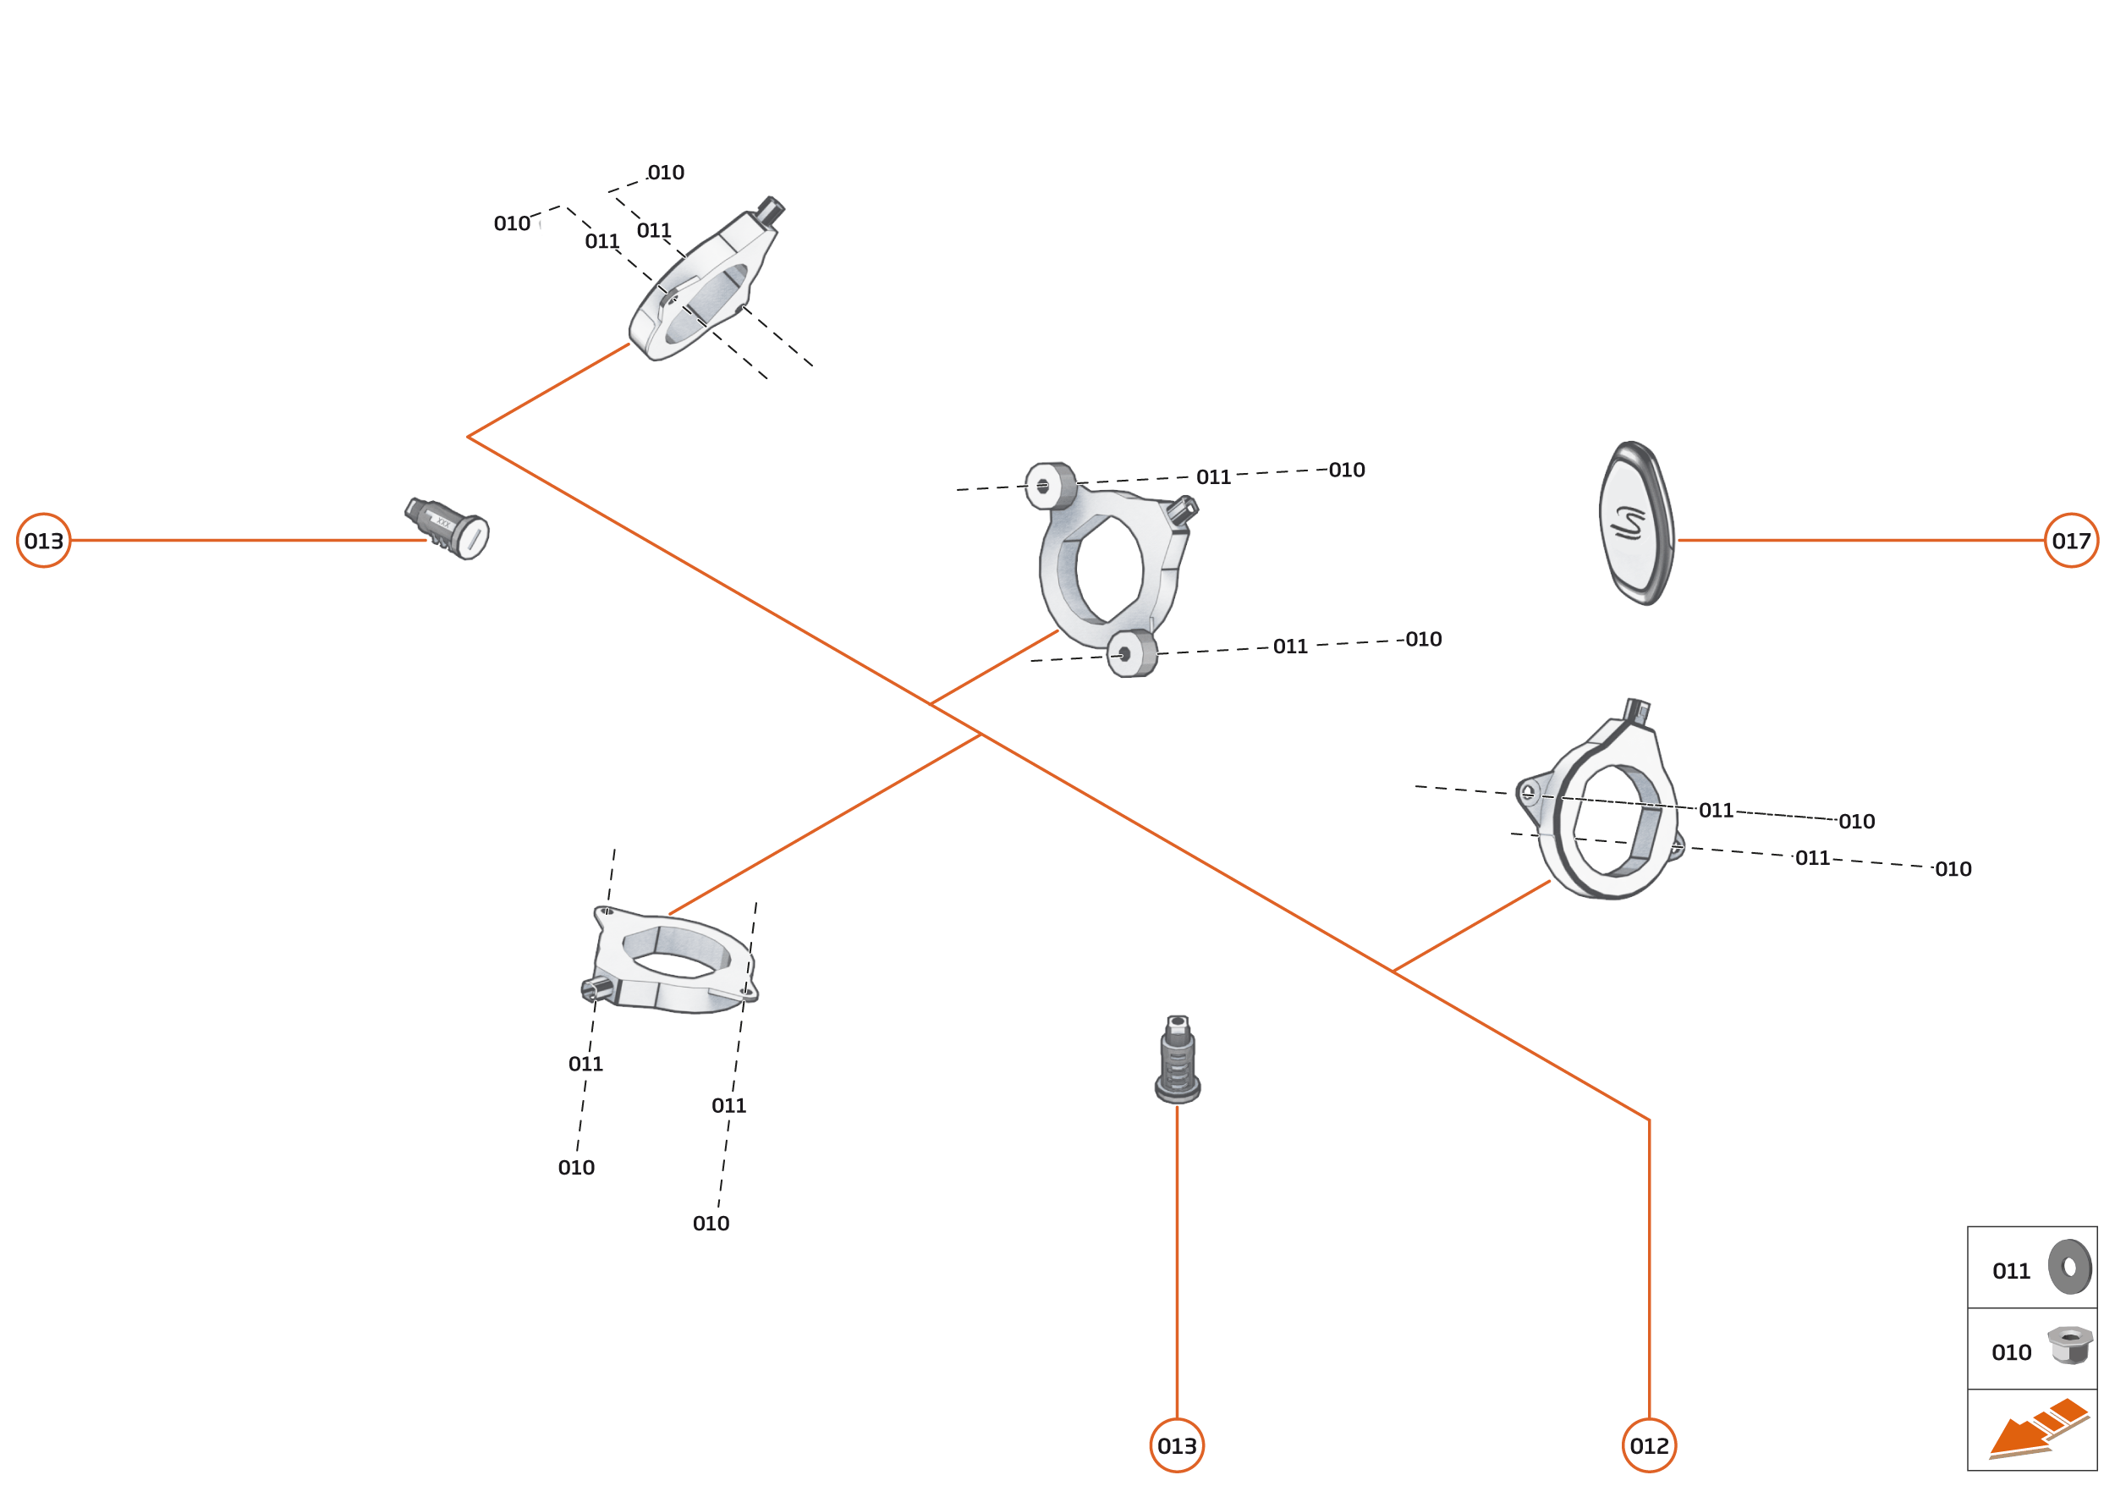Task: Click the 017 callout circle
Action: point(2071,540)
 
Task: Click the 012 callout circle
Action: point(1649,1445)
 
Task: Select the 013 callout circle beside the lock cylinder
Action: point(43,540)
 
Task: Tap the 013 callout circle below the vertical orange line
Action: point(1177,1445)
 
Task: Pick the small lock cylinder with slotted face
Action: point(449,528)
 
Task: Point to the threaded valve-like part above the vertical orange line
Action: point(1177,1060)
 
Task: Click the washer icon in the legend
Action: point(2070,1268)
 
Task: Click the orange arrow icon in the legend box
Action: point(2037,1431)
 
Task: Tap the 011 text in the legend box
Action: point(2011,1272)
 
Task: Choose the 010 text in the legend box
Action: point(2011,1353)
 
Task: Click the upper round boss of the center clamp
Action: point(1050,486)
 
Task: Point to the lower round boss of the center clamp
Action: point(1131,653)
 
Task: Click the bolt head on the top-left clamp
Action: point(770,210)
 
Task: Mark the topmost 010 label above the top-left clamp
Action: point(665,173)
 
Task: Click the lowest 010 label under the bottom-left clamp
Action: point(711,1223)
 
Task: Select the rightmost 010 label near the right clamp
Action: point(1952,869)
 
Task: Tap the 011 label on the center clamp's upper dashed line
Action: point(1213,477)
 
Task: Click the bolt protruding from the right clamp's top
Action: point(1637,710)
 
